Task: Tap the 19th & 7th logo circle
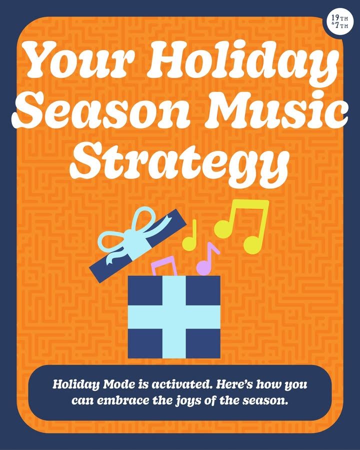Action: click(339, 22)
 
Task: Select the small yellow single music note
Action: click(190, 235)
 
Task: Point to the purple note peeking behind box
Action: click(164, 266)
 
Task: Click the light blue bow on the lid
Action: click(126, 237)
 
